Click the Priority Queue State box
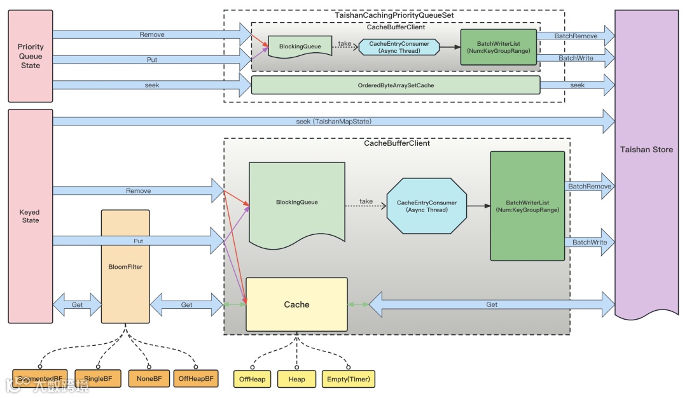pos(30,56)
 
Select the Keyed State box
pos(30,216)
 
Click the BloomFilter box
pos(125,267)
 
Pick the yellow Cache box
pos(296,304)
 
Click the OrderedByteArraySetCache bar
pos(395,85)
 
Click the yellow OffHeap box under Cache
pos(253,380)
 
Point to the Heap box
pos(296,380)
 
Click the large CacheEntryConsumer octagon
pos(426,206)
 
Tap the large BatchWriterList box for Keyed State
pos(527,206)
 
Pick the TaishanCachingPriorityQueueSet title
pos(394,15)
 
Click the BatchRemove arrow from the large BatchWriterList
pos(590,187)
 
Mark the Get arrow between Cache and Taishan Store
pos(491,304)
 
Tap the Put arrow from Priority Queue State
pos(151,60)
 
